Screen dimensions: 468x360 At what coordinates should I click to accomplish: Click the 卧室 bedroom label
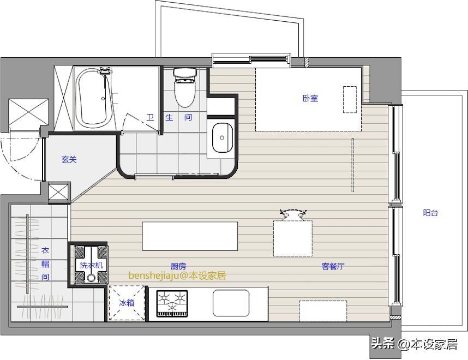(310, 98)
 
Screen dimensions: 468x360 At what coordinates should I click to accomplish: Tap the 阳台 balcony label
(430, 213)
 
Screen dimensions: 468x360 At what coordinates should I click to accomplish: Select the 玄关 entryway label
(69, 159)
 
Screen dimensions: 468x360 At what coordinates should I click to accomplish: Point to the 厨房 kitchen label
(178, 266)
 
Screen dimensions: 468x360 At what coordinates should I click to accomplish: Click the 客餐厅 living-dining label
(333, 266)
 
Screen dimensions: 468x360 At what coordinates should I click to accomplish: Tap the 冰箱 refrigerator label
(127, 303)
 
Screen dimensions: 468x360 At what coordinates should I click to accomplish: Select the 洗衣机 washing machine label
(91, 265)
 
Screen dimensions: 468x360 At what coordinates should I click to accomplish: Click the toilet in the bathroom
(185, 87)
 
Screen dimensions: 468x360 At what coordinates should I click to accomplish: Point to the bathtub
(94, 98)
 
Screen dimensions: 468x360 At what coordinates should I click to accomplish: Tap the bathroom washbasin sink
(223, 137)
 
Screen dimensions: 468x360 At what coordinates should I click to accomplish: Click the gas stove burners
(172, 303)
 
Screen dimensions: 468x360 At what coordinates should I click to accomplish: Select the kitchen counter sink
(231, 303)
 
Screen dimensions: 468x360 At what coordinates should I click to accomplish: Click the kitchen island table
(190, 236)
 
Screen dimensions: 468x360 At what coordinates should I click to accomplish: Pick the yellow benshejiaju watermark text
(177, 275)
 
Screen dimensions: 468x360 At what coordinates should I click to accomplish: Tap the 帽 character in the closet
(45, 264)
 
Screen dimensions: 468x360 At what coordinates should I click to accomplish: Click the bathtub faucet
(105, 70)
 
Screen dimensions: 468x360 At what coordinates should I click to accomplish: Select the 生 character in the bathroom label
(169, 117)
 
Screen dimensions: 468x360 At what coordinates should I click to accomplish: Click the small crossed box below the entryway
(58, 192)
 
